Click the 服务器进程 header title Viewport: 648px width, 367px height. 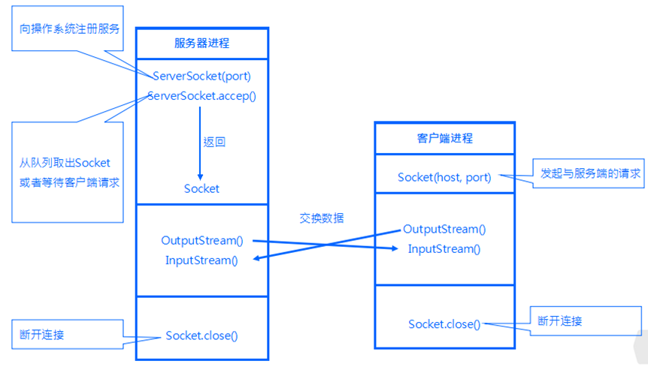click(x=201, y=44)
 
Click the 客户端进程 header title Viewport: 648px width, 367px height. click(x=445, y=139)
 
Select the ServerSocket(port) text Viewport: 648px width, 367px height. click(x=201, y=76)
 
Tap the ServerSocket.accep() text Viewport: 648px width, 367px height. click(x=201, y=96)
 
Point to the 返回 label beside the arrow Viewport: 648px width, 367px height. click(x=214, y=142)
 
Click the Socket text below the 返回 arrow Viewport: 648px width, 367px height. click(x=201, y=188)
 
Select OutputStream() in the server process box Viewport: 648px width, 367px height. click(x=202, y=240)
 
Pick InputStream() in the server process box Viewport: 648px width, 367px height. click(x=201, y=260)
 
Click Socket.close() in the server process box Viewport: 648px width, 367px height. click(x=201, y=335)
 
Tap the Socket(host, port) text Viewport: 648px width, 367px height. click(x=444, y=177)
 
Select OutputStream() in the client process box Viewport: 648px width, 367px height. click(x=444, y=229)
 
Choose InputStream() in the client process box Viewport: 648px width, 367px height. click(x=444, y=248)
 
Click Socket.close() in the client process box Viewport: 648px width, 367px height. click(x=444, y=323)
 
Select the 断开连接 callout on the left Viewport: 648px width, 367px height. click(x=42, y=334)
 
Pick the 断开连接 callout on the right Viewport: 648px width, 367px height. click(x=560, y=320)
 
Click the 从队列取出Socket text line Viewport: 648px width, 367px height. click(x=65, y=163)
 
